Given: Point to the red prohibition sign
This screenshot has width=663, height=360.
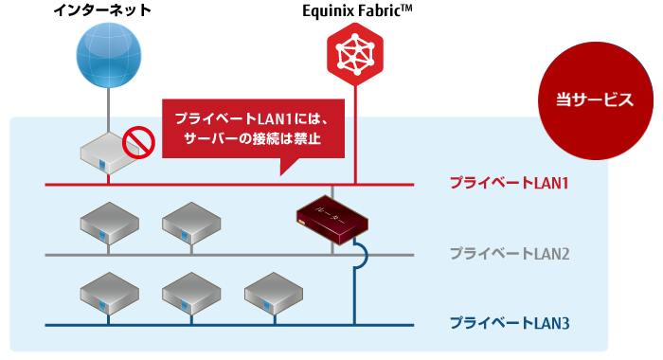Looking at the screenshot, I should click(x=139, y=143).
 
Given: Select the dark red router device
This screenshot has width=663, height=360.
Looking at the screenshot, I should click(x=331, y=218).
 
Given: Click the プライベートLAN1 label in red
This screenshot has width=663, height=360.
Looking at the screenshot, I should click(x=509, y=182).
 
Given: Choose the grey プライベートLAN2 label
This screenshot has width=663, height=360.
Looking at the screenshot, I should click(x=509, y=254).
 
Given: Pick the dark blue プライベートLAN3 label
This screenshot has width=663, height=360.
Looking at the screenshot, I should click(x=509, y=325).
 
